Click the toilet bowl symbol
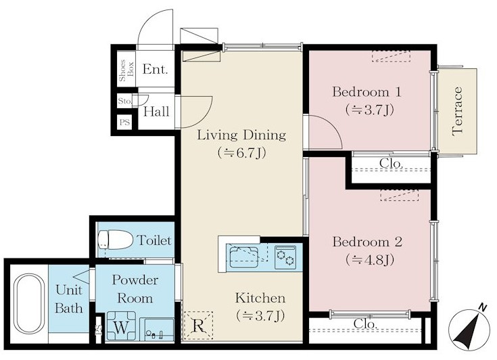tap(116, 240)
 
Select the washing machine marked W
tap(121, 326)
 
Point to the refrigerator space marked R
tap(198, 325)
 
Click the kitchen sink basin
tap(243, 256)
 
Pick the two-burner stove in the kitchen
tap(285, 257)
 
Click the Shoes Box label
tap(126, 70)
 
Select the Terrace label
tap(457, 112)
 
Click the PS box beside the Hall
tap(124, 122)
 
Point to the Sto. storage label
tap(125, 102)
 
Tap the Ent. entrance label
tap(155, 69)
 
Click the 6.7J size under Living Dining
tap(241, 153)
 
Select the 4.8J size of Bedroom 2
tap(370, 260)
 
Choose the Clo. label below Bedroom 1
tap(391, 163)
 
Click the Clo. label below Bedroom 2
tap(365, 324)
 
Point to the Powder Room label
tap(135, 289)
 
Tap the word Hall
tap(156, 112)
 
